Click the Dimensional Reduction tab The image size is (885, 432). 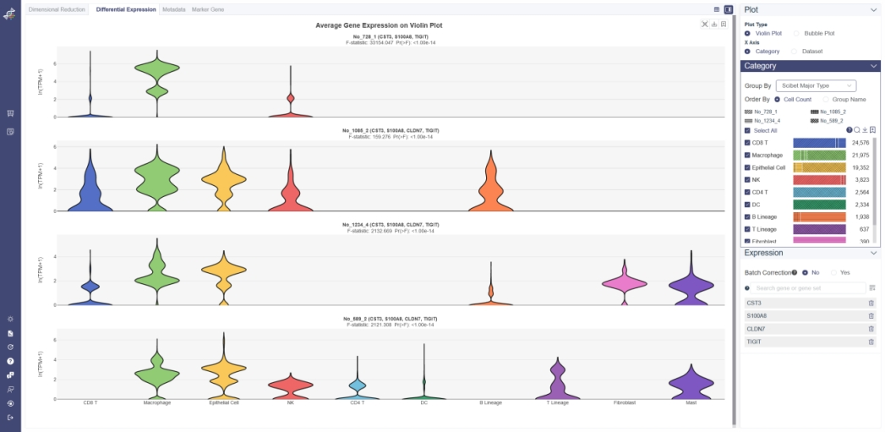57,9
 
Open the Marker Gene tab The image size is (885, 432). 208,9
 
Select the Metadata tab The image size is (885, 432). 174,9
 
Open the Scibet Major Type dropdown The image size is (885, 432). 816,85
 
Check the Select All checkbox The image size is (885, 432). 747,130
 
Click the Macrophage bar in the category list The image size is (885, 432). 819,156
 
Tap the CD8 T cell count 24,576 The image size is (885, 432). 860,143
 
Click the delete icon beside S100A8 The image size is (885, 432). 871,316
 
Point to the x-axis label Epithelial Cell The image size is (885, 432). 224,402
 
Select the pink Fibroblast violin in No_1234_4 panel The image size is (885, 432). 624,284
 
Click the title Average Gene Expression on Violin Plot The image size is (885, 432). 379,25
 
